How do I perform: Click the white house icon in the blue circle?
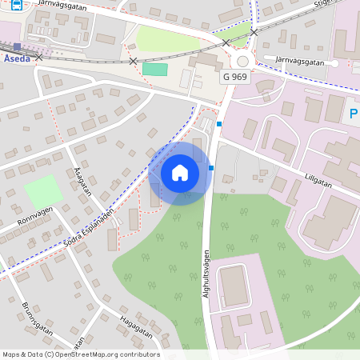(x=180, y=172)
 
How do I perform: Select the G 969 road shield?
(x=236, y=77)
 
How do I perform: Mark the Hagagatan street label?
(x=134, y=326)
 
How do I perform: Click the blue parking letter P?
(x=354, y=114)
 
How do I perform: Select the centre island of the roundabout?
(x=242, y=62)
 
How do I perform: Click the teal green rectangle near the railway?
(x=154, y=69)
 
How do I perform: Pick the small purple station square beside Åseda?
(x=17, y=46)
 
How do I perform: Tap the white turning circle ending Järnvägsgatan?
(x=335, y=63)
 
